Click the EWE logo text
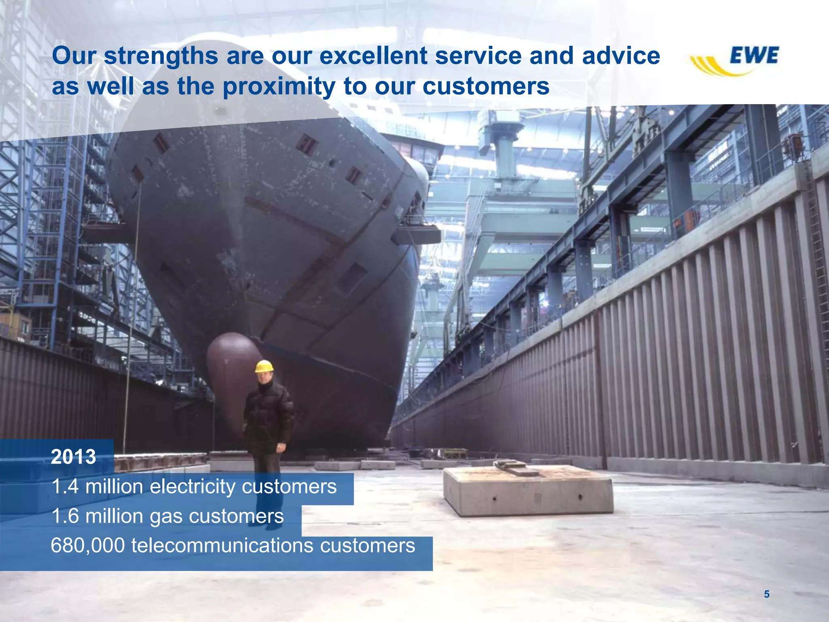(754, 55)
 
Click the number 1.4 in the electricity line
(65, 486)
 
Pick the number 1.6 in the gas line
(65, 516)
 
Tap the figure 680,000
(88, 545)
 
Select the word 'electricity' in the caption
(192, 486)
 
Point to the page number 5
(766, 594)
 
